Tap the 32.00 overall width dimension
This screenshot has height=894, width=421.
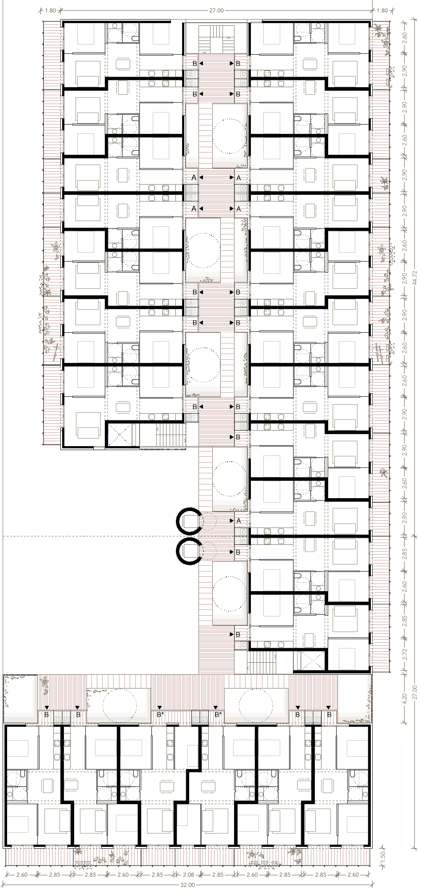pyautogui.click(x=188, y=885)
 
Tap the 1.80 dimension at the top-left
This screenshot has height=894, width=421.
pyautogui.click(x=51, y=10)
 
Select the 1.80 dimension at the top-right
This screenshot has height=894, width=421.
pyautogui.click(x=382, y=10)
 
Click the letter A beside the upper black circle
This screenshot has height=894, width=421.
pyautogui.click(x=238, y=520)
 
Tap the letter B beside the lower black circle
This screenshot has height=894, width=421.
pyautogui.click(x=238, y=552)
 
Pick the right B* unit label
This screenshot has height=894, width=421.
pyautogui.click(x=218, y=715)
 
